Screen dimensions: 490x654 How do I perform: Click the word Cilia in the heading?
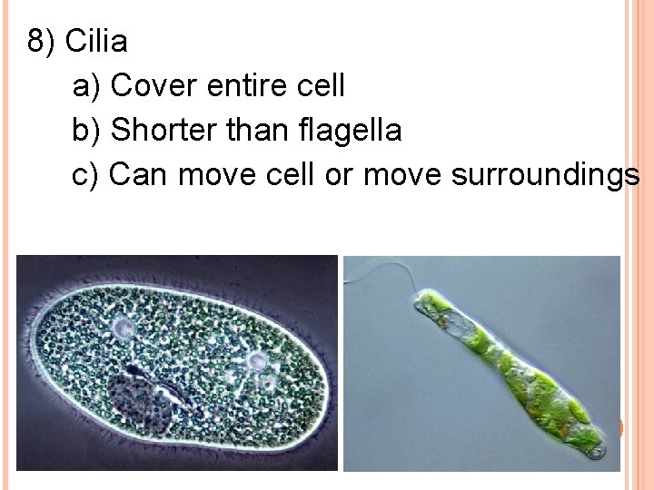click(x=96, y=42)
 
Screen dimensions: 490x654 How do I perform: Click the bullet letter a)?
click(x=87, y=86)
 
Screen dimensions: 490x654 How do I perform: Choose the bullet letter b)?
click(x=87, y=131)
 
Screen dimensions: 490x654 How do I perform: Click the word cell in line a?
click(x=322, y=86)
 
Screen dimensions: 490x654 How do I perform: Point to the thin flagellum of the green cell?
click(x=377, y=271)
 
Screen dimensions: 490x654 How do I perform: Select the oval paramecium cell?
click(x=182, y=363)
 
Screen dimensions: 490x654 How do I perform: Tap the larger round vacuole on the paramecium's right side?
click(x=257, y=361)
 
